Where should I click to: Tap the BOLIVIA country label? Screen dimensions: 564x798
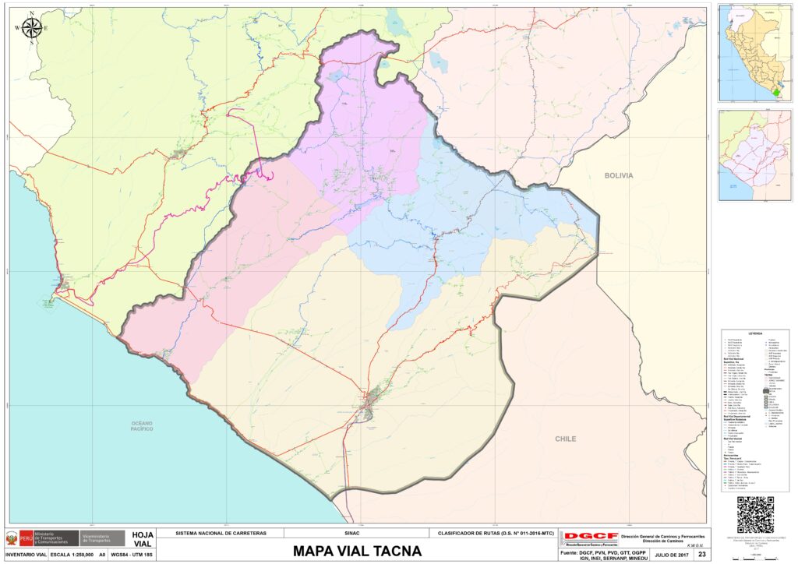(618, 175)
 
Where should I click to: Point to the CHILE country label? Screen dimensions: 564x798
(566, 439)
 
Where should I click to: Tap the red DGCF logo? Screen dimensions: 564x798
(590, 537)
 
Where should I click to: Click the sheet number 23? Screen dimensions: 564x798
(701, 554)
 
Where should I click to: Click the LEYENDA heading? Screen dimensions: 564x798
(754, 333)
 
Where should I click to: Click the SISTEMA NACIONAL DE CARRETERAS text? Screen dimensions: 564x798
(221, 534)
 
